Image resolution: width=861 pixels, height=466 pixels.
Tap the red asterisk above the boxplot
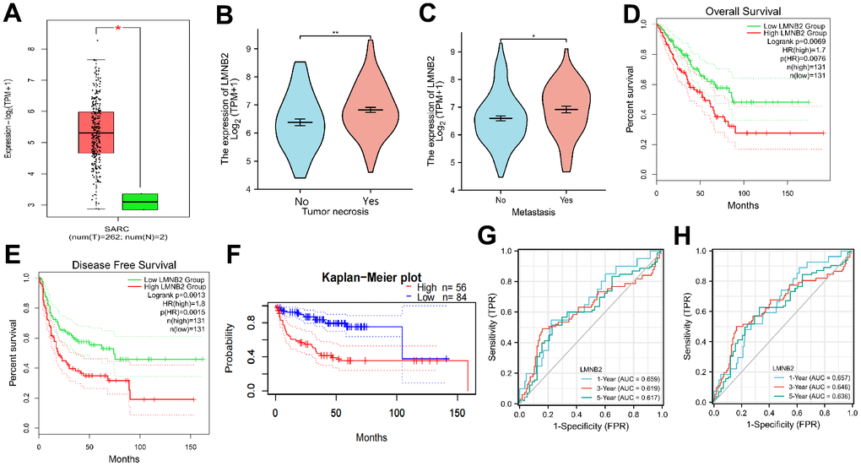119,29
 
